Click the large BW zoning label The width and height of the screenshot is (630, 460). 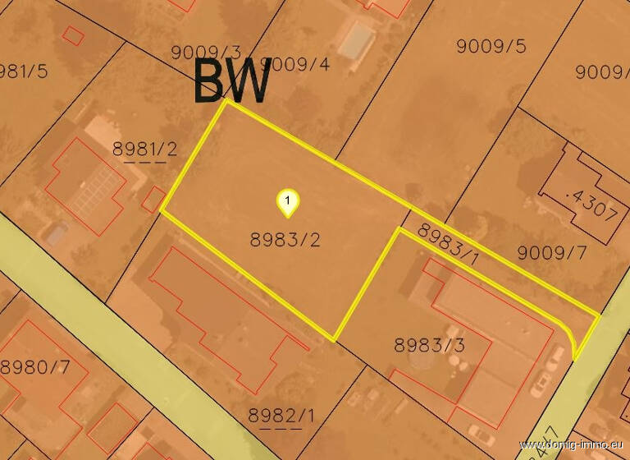(x=233, y=80)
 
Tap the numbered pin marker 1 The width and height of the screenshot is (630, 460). (x=287, y=202)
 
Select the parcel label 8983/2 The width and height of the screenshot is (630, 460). (x=284, y=240)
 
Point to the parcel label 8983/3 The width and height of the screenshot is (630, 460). (x=429, y=345)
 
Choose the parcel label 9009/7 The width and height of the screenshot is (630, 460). (x=552, y=252)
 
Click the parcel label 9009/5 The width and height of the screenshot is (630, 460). (x=491, y=46)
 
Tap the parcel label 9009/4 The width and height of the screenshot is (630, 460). (x=300, y=63)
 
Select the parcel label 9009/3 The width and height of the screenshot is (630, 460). (x=206, y=53)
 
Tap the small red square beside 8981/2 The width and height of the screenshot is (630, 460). (x=153, y=198)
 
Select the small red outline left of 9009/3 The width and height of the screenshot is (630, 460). (x=74, y=35)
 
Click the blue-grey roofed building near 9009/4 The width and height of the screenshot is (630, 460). (x=356, y=40)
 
